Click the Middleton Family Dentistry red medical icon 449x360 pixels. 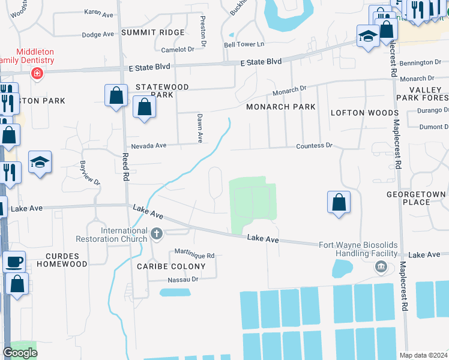click(37, 73)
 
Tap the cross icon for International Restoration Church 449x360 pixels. click(156, 233)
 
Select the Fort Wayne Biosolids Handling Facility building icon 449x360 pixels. click(380, 268)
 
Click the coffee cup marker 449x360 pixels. click(14, 262)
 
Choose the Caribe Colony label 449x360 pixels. click(171, 266)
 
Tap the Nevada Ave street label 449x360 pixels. click(149, 146)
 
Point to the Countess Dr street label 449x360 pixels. click(314, 146)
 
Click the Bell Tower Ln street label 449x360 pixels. click(244, 45)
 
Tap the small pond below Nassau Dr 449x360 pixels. click(175, 293)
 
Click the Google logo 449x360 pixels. click(20, 353)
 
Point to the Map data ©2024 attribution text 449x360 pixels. click(423, 355)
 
